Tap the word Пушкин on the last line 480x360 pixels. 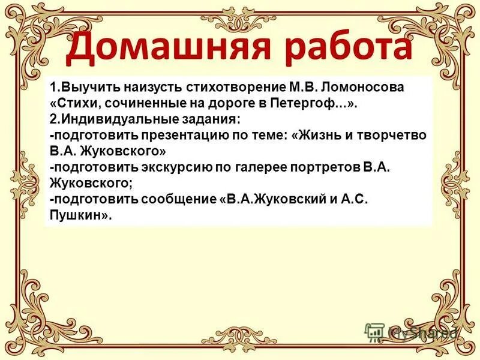pos(76,215)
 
